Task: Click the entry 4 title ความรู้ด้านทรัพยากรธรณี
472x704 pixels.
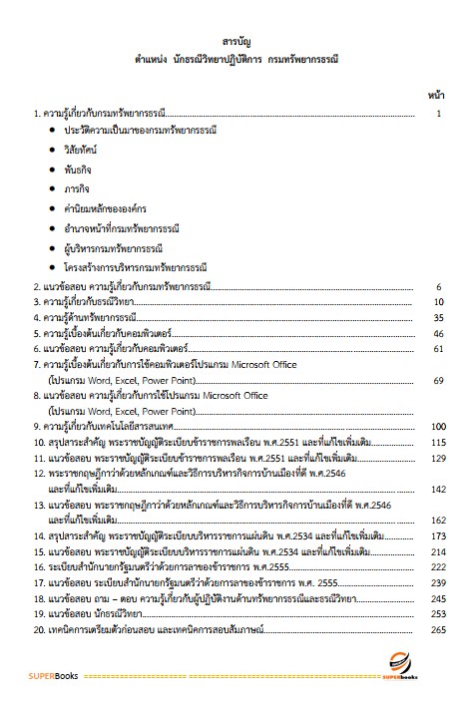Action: coord(94,317)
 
